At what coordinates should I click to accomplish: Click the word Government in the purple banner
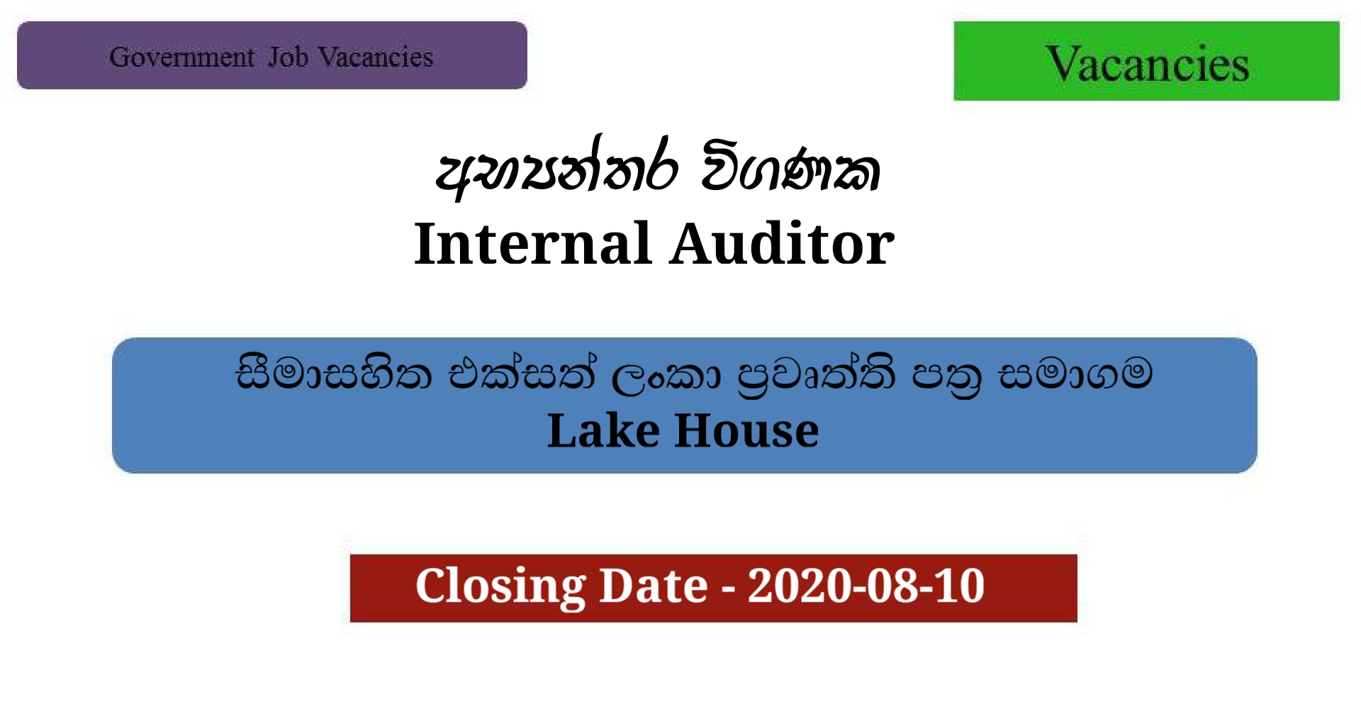pos(181,57)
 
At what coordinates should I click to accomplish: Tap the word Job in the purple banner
pos(288,57)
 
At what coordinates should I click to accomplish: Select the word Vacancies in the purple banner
pos(375,57)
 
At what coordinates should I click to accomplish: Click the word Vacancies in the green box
pos(1146,64)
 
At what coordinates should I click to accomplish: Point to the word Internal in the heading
pos(532,244)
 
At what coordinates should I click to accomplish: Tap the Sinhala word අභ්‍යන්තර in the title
pos(557,170)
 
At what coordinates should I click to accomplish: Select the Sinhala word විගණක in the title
pos(790,170)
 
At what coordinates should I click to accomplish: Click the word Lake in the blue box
pos(603,430)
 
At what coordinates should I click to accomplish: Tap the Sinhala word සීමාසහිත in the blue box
pos(333,374)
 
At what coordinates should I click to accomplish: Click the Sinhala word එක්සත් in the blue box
pos(522,374)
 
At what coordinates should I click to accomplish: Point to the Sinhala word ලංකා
pos(665,375)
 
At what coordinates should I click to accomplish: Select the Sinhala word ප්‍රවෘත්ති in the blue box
pos(815,375)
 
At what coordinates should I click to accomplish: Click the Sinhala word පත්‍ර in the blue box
pos(947,376)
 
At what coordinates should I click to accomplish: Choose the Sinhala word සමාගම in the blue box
pos(1075,374)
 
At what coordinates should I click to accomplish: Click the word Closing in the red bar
pos(500,586)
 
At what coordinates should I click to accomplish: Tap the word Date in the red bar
pos(654,586)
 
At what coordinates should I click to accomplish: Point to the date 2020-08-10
pos(866,586)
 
